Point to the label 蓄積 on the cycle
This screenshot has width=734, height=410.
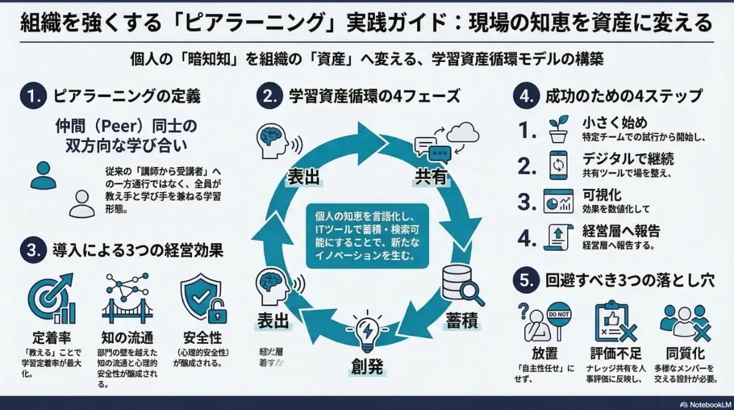[462, 320]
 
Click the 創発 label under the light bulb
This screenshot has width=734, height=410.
[367, 367]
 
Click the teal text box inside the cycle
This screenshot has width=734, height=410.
[366, 237]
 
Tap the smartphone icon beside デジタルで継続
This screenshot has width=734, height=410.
[557, 165]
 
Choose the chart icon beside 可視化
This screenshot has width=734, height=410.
[557, 201]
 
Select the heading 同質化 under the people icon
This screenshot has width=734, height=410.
[684, 354]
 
